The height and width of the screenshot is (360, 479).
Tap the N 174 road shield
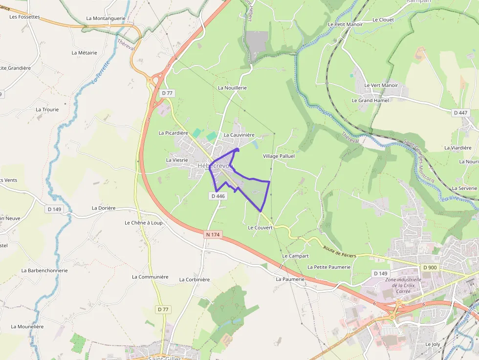click(x=213, y=235)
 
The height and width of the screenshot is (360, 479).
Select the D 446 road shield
click(x=218, y=196)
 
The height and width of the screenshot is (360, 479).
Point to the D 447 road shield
click(x=460, y=113)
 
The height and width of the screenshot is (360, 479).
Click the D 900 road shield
click(x=430, y=267)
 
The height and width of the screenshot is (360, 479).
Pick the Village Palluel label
click(x=279, y=156)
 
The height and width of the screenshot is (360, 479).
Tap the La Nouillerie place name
click(x=232, y=88)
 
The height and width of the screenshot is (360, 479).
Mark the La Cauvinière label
click(x=239, y=135)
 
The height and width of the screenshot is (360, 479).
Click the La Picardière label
click(x=173, y=133)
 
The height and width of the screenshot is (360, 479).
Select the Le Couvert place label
click(x=260, y=228)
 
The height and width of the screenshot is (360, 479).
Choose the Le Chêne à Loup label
click(x=143, y=223)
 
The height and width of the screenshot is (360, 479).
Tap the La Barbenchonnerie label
click(x=44, y=270)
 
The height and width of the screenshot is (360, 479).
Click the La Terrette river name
click(x=101, y=72)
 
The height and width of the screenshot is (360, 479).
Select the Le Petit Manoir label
click(x=345, y=24)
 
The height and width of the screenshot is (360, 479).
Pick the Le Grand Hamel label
click(x=370, y=101)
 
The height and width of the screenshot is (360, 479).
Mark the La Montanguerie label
click(x=106, y=19)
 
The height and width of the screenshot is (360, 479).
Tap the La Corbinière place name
click(x=194, y=280)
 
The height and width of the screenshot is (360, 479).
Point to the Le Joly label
click(x=433, y=344)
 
